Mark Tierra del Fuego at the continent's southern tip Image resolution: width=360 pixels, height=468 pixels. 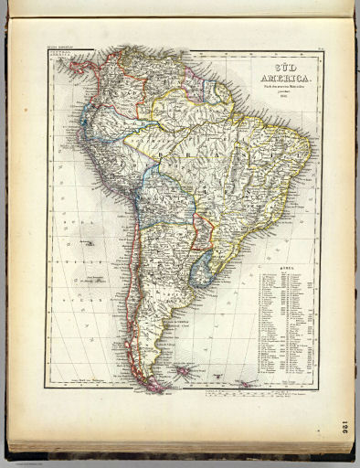click(x=155, y=382)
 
